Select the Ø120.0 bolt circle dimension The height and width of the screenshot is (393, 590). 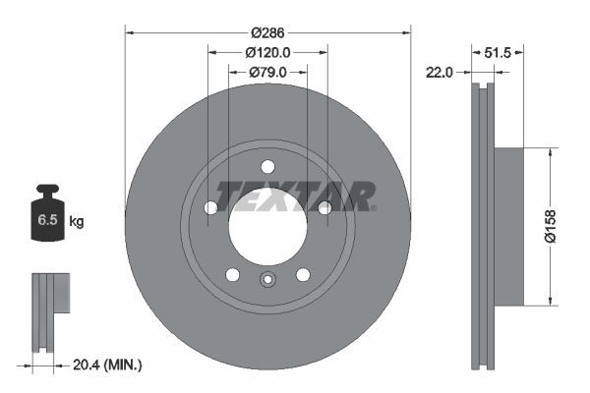point(267,53)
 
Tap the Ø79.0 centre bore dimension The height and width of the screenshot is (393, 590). point(267,72)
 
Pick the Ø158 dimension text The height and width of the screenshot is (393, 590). point(563,225)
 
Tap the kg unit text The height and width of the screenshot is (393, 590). point(77,222)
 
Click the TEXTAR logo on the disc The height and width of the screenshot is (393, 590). point(295,196)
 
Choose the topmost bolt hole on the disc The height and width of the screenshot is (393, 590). point(267,166)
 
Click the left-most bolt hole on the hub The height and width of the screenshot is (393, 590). point(210,207)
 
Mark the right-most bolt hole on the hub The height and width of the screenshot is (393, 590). point(324,207)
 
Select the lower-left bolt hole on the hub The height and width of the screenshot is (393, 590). point(232,274)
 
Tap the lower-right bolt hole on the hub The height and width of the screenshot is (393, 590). point(303,274)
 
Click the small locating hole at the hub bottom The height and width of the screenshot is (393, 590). point(267,281)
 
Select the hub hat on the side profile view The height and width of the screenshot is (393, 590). point(509,225)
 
